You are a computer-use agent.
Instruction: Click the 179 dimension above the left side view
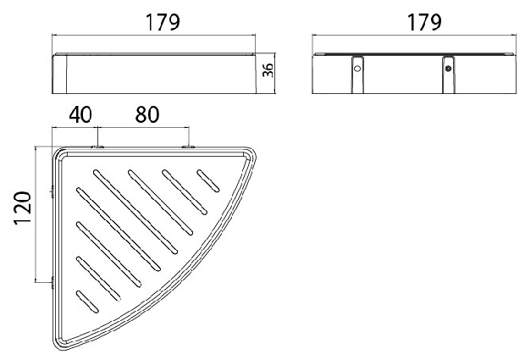click(163, 22)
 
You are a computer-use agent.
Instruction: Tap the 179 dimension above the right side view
click(424, 22)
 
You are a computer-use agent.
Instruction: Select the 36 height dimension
click(268, 70)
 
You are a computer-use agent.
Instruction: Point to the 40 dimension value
click(80, 114)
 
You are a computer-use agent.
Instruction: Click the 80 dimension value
click(147, 114)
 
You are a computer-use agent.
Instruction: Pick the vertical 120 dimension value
click(23, 208)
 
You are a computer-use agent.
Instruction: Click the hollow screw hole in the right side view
click(357, 69)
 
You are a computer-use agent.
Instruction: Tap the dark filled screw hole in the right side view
click(448, 69)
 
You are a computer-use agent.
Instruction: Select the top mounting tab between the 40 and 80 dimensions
click(97, 147)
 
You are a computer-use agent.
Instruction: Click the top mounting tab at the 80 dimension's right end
click(189, 147)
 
